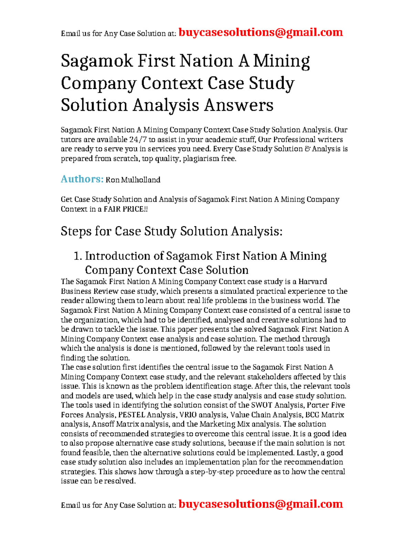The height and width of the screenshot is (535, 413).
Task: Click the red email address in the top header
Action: coord(261,32)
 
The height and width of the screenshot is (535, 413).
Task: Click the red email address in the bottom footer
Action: coord(261,504)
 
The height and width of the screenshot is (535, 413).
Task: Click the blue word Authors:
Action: coord(82,179)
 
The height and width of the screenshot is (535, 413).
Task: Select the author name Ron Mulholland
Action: coord(133,180)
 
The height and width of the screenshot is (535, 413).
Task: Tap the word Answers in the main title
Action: coord(239,105)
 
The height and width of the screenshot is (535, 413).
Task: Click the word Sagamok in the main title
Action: coord(97,61)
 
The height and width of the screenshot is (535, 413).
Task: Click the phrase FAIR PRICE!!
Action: coord(126,209)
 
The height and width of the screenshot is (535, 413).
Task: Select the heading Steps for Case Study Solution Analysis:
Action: coord(171,231)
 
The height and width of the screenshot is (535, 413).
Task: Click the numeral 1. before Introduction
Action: coord(78,256)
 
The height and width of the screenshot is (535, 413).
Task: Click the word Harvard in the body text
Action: coord(313,281)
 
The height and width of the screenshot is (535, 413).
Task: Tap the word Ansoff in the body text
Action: coord(103,424)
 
